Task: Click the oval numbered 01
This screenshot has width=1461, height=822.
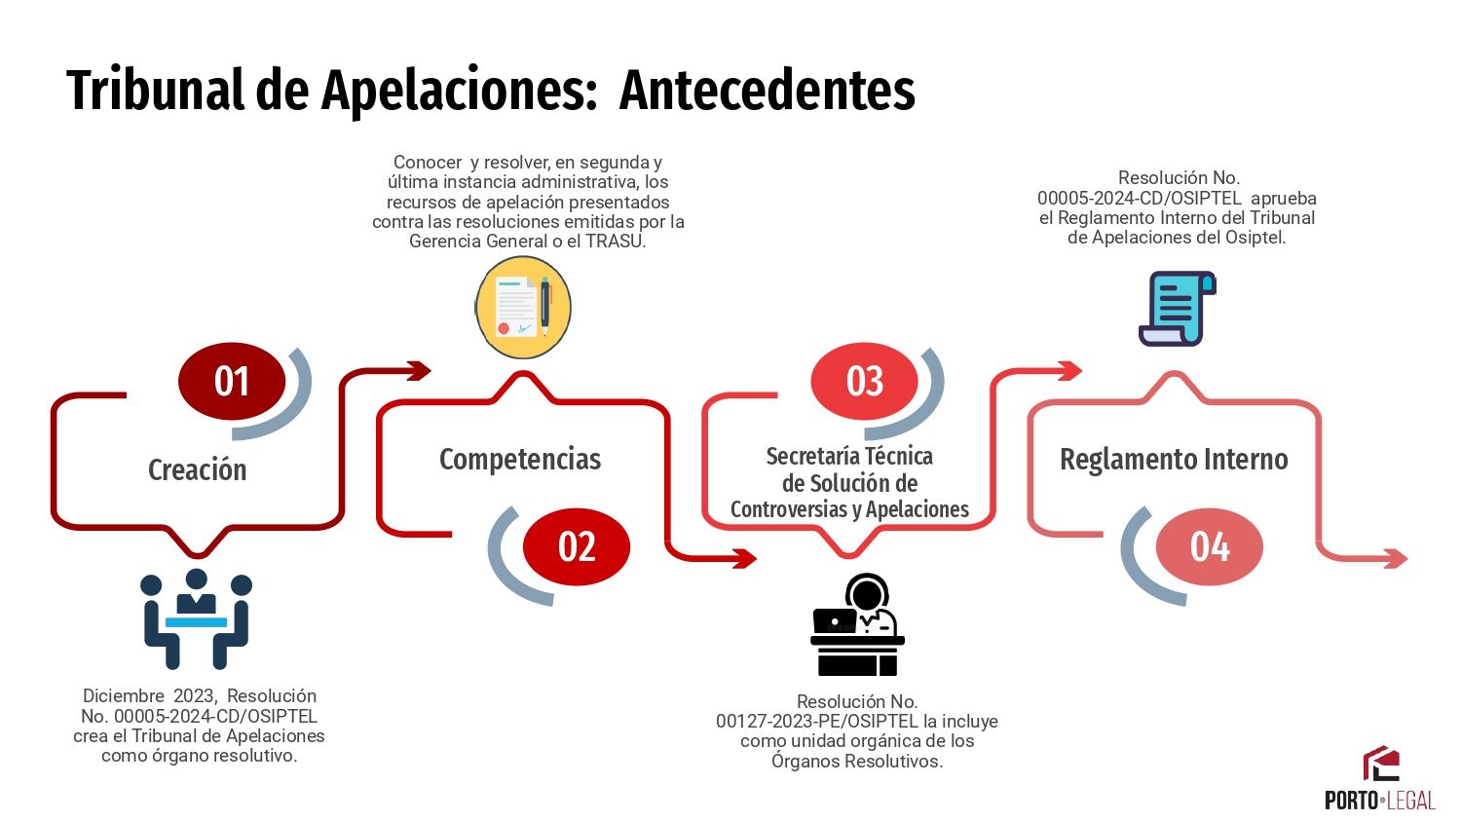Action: click(x=232, y=381)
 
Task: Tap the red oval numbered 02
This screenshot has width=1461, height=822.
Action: click(x=577, y=546)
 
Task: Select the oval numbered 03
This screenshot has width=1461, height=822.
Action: click(x=864, y=381)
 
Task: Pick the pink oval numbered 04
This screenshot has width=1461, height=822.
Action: click(x=1210, y=546)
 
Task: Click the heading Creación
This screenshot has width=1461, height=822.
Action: click(x=198, y=469)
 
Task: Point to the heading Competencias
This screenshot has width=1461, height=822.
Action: click(x=520, y=460)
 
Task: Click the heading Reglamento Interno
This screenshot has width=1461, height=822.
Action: click(x=1174, y=460)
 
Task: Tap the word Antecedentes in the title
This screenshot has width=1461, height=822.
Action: click(x=768, y=90)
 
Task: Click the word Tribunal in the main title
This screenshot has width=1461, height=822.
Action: click(x=155, y=90)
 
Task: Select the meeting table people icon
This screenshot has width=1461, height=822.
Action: click(x=197, y=619)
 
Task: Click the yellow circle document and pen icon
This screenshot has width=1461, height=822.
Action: click(x=522, y=307)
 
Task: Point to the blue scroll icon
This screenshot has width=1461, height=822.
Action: click(x=1178, y=309)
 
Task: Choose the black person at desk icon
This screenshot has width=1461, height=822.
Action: click(x=857, y=624)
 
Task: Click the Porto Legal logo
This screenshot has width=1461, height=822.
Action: click(x=1380, y=777)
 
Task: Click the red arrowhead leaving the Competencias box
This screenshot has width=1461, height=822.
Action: click(x=743, y=558)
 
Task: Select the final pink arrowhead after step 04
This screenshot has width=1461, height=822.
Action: click(x=1395, y=558)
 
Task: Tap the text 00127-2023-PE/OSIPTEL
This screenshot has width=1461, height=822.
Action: click(x=817, y=722)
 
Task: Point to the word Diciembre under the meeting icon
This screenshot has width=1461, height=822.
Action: click(x=124, y=696)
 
